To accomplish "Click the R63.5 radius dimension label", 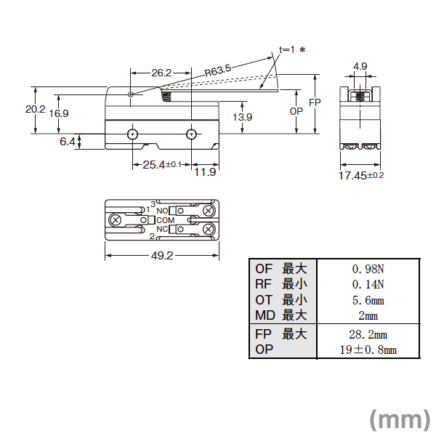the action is (218, 70).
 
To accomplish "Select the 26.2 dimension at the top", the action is (161, 73).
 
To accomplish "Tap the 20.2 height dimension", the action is (36, 109).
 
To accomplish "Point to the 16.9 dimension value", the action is (59, 113).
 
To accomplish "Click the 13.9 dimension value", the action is (243, 117).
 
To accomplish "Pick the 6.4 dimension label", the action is (68, 142).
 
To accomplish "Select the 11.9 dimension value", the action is (205, 172).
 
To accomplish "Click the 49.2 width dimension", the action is (162, 255).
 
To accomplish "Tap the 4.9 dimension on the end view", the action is (360, 66).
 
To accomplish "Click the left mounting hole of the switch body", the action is (133, 134).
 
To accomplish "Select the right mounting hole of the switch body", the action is (191, 134).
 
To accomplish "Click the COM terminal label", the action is (166, 220).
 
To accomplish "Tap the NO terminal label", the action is (162, 211).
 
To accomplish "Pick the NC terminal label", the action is (162, 229).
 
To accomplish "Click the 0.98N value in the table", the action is (368, 269).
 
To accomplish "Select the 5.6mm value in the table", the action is (368, 300).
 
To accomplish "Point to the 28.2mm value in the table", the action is (368, 334).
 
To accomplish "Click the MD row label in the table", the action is (265, 315).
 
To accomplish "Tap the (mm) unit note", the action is (400, 420).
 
